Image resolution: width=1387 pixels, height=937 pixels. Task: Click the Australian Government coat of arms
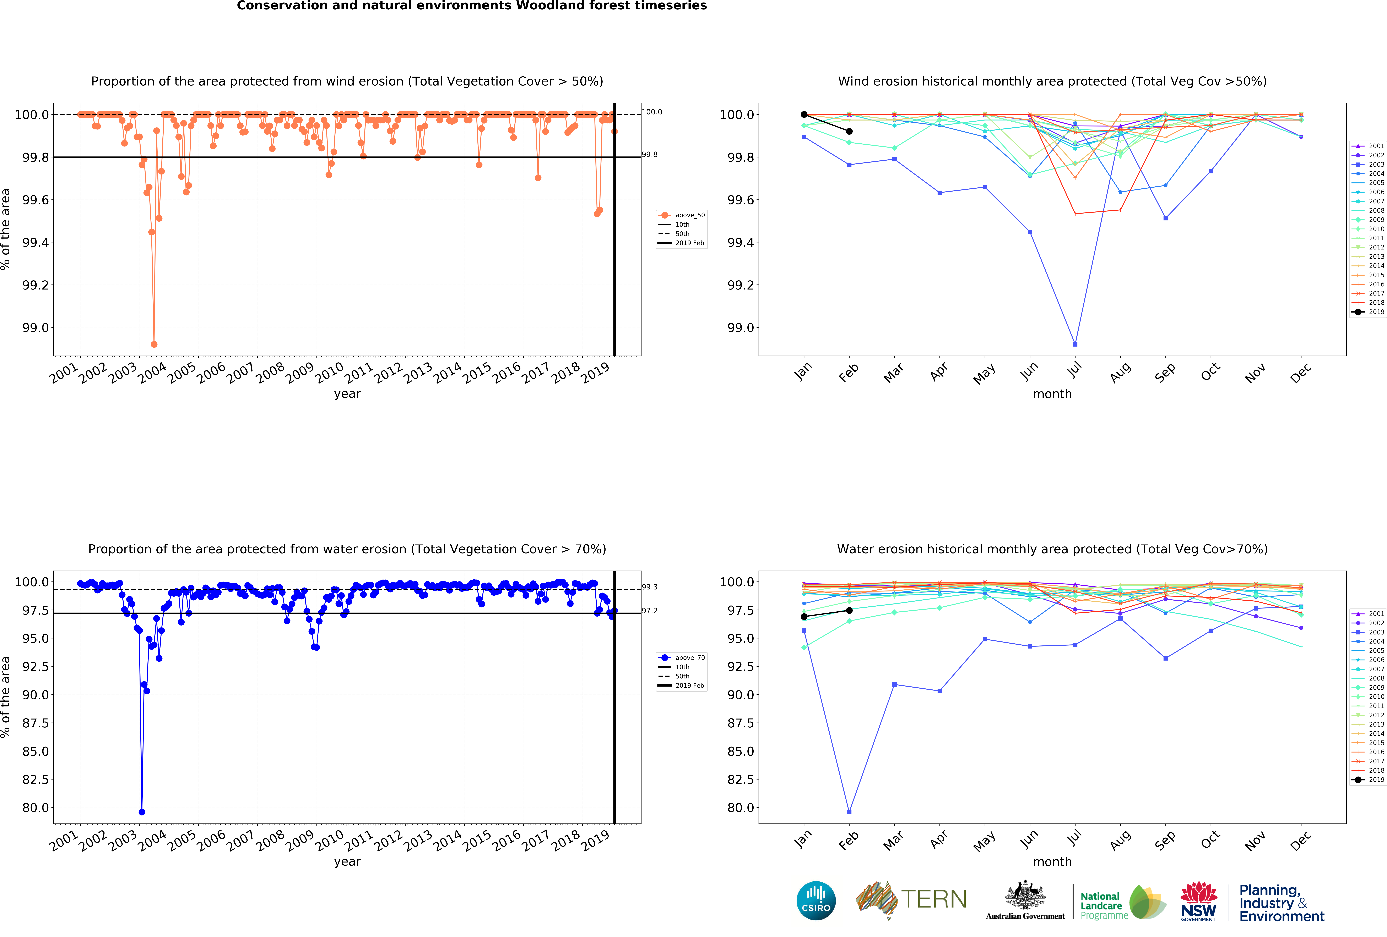pos(1025,895)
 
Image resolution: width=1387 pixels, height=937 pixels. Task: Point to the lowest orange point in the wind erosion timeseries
pos(154,344)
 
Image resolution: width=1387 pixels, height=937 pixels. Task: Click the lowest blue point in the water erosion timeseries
pos(141,812)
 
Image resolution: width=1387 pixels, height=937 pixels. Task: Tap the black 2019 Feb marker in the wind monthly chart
pos(849,131)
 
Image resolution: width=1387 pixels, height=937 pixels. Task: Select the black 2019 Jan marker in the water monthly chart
pos(804,617)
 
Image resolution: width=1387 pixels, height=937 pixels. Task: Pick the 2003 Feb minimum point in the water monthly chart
pos(849,812)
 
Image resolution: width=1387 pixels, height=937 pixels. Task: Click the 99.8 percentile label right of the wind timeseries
pos(649,154)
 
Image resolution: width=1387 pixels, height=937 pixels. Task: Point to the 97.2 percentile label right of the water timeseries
pos(649,611)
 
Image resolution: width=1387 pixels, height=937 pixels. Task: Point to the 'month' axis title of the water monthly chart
pos(1052,862)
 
